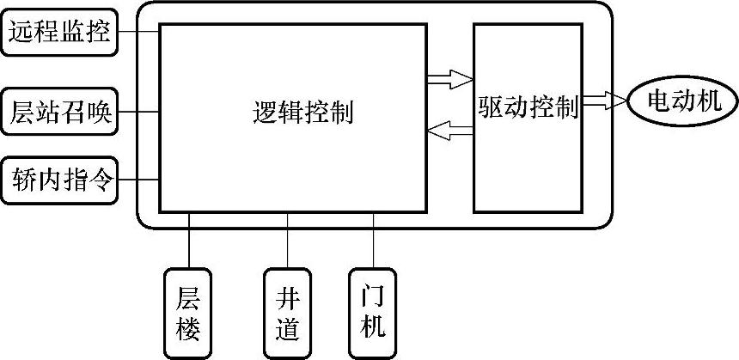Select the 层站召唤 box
(59, 112)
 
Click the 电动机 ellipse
(681, 103)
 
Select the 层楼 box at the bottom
(188, 313)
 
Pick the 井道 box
(287, 313)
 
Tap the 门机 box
(373, 313)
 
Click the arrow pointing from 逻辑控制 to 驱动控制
(450, 80)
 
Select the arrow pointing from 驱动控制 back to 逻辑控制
(450, 131)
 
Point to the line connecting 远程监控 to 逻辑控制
(138, 33)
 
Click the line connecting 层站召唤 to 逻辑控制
(138, 112)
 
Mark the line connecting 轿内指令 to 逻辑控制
(138, 179)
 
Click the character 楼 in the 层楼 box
(188, 327)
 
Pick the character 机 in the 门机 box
(373, 327)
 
